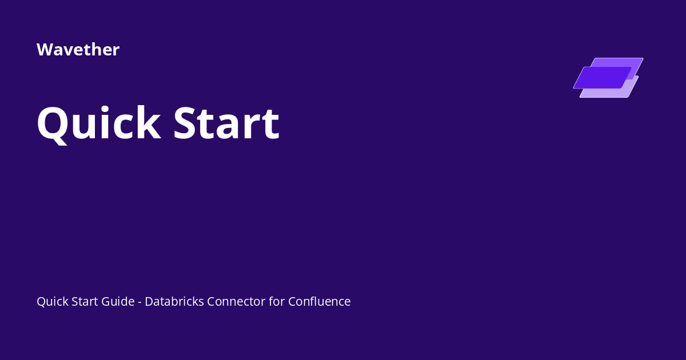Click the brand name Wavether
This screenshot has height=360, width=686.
pos(78,50)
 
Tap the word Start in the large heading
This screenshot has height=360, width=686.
pos(226,123)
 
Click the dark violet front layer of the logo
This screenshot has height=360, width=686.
pos(600,78)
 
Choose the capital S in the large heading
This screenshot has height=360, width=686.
pos(188,123)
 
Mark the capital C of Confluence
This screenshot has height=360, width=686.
pos(292,302)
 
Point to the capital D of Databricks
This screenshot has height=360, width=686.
pos(149,302)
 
